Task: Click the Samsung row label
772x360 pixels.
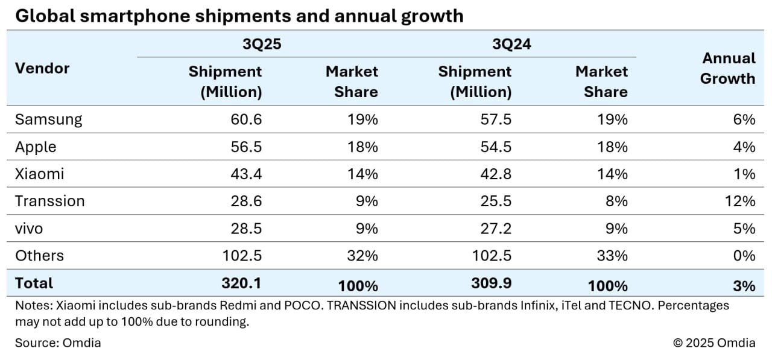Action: pos(48,119)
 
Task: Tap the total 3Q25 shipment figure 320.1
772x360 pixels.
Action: pos(242,283)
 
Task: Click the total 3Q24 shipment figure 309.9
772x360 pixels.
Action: pos(492,283)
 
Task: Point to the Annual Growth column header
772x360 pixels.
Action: pos(728,68)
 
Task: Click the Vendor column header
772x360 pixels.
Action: pos(42,68)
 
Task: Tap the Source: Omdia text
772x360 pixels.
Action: pos(58,343)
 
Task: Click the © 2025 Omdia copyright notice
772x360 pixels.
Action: pos(713,343)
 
